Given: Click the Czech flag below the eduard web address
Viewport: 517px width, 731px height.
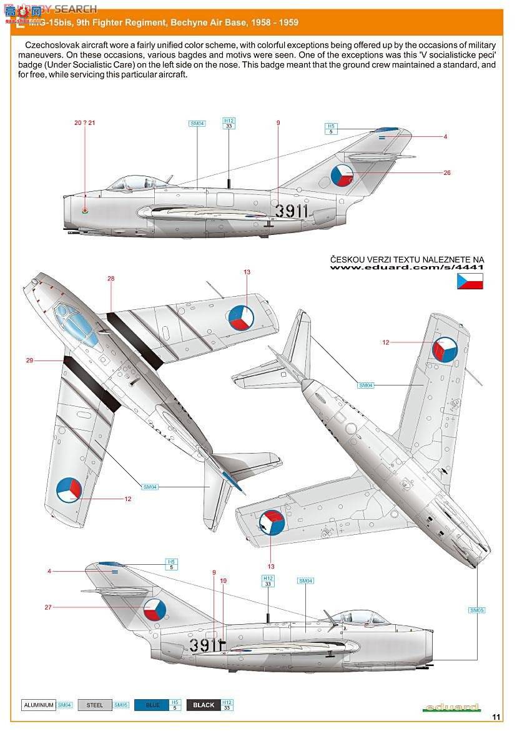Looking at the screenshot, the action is [470, 281].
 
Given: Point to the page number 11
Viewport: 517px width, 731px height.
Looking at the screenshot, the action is [496, 716].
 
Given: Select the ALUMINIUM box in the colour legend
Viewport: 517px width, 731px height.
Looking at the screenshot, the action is [39, 705].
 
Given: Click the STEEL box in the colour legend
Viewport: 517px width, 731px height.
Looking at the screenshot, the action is [95, 705].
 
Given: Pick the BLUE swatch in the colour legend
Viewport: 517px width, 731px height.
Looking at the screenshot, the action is [152, 705].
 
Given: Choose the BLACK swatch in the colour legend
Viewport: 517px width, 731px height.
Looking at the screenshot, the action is [204, 705].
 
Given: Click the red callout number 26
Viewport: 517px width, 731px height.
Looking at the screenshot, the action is [447, 173].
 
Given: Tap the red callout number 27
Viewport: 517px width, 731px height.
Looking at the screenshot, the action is [48, 607].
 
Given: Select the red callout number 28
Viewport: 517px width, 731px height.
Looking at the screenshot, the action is [111, 279].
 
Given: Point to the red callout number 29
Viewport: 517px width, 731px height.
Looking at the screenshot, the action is [29, 360].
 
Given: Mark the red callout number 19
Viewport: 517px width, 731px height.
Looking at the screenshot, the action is [224, 580].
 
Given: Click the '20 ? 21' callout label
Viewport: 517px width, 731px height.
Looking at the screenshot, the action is [84, 122].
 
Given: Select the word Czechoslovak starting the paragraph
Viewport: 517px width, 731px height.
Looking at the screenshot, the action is [52, 46].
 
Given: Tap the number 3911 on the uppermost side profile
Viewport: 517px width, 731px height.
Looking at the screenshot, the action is [292, 211].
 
